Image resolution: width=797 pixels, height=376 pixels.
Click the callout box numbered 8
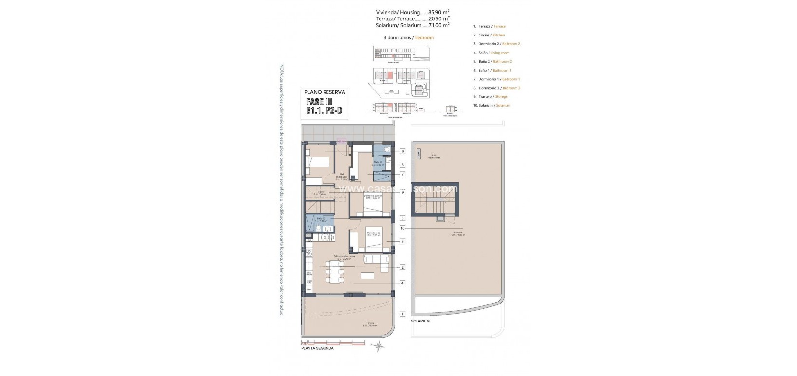403,151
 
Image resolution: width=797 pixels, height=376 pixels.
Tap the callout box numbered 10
403,228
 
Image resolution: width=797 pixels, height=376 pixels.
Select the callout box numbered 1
403,314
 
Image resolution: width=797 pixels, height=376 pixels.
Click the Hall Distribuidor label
343,177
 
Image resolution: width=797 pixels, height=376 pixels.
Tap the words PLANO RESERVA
325,91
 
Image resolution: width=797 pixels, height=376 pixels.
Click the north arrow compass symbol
378,346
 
